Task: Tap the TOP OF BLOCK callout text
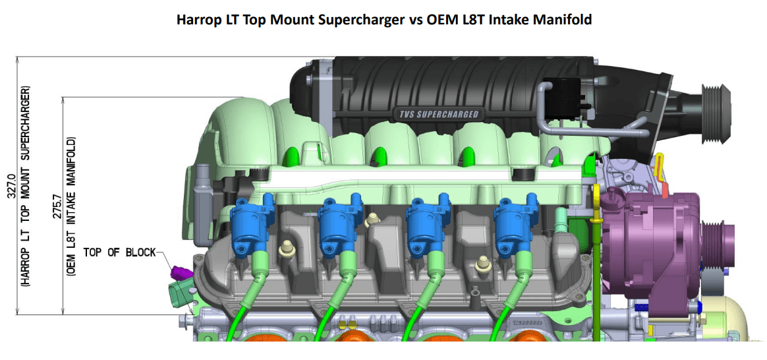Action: [x=119, y=253]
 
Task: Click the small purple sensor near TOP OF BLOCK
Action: [x=179, y=272]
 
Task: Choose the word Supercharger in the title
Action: [x=363, y=20]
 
